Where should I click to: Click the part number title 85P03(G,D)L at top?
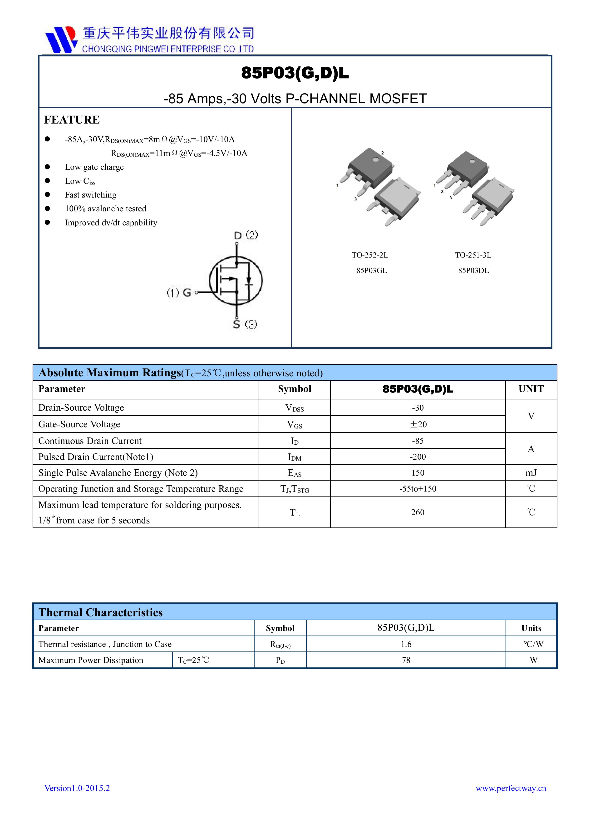[295, 73]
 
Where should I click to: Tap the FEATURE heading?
[72, 120]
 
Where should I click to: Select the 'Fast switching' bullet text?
[90, 195]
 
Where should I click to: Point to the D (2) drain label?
[246, 235]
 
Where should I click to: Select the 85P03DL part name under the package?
[473, 271]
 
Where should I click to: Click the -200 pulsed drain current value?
[418, 457]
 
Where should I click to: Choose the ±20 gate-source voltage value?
[418, 424]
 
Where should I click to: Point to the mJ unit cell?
[531, 473]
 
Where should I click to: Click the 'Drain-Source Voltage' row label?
[81, 408]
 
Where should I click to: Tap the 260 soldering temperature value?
[418, 512]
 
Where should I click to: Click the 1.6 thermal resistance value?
[406, 644]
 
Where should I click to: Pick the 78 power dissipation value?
[406, 660]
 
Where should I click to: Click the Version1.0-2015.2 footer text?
[77, 788]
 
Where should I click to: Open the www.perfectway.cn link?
[511, 788]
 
